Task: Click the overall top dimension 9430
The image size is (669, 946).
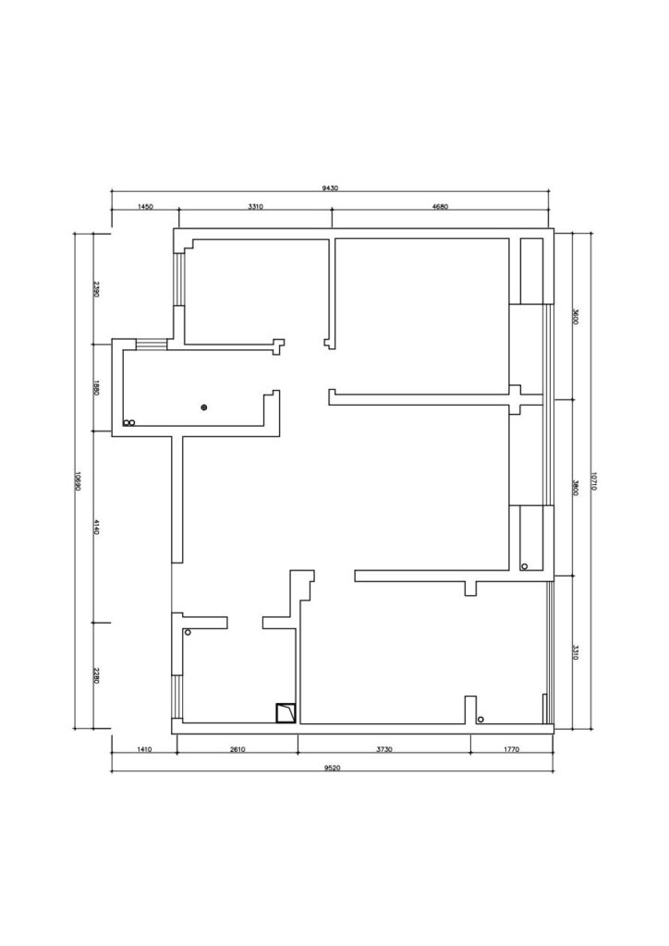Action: point(330,188)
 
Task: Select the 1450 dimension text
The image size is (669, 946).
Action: point(145,206)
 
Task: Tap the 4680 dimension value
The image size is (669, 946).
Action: point(441,206)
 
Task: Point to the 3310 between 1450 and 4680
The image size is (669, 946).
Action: point(256,206)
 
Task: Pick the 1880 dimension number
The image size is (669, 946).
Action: point(95,387)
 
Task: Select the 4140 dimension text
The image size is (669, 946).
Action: point(95,526)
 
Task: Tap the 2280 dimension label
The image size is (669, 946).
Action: point(95,675)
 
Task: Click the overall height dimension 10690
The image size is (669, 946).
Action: point(78,480)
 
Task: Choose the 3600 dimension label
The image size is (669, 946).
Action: point(575,317)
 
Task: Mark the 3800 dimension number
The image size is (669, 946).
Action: point(575,488)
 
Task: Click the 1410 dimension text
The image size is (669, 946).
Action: point(143,749)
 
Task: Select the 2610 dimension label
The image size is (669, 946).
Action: point(237,749)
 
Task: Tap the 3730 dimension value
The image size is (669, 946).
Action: point(384,749)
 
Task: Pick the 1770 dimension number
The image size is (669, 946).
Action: point(511,749)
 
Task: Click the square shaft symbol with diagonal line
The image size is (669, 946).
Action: point(286,713)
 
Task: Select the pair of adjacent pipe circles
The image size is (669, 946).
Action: point(129,423)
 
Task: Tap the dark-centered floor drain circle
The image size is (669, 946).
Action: point(204,407)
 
